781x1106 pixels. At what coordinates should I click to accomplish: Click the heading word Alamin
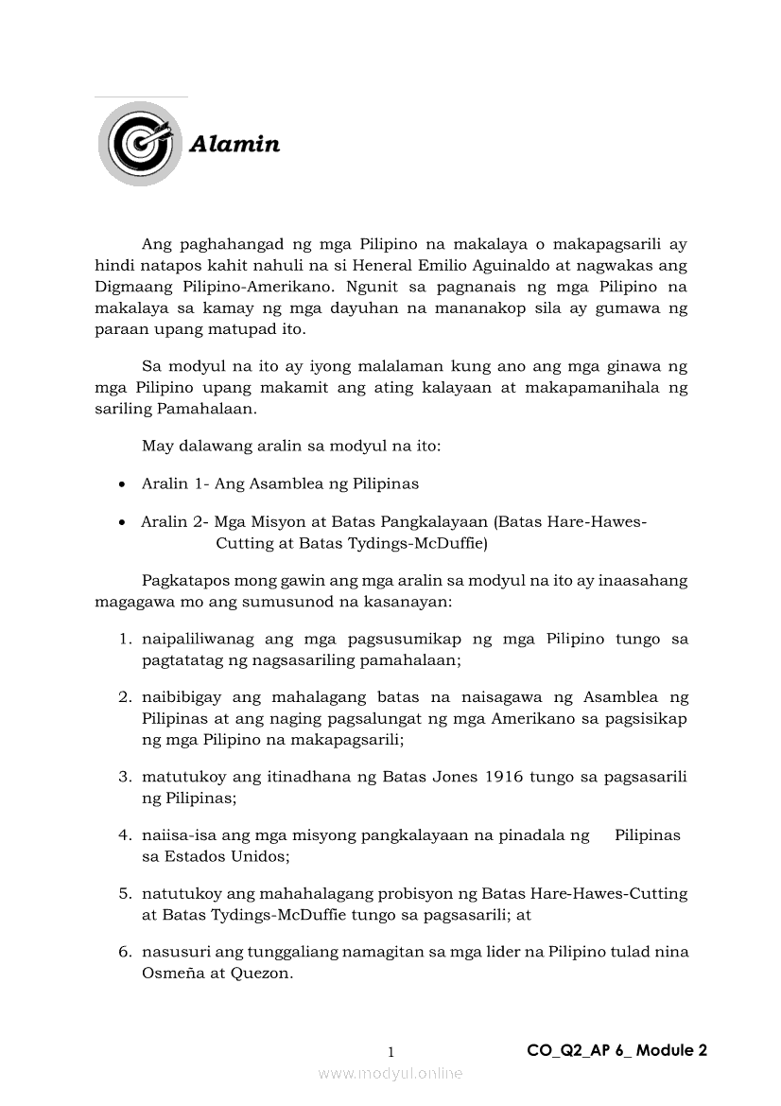click(x=234, y=145)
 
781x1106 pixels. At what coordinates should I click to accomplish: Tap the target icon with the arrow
click(x=140, y=144)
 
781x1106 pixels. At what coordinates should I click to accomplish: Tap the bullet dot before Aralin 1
click(x=122, y=484)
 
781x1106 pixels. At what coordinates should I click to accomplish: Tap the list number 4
click(x=124, y=835)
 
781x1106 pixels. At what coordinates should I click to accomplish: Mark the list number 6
click(x=124, y=952)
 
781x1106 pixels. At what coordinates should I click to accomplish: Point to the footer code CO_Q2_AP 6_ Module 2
click(x=616, y=1049)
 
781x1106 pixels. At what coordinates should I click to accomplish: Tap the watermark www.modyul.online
click(x=390, y=1073)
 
